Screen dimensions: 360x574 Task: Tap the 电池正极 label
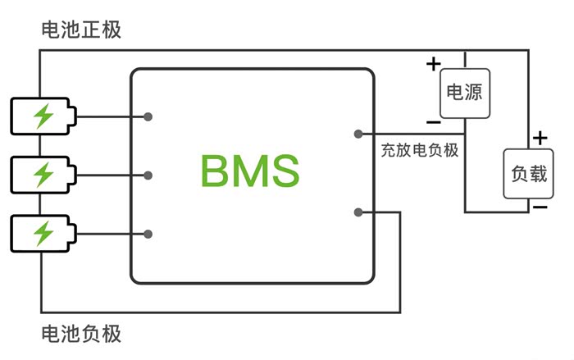pyautogui.click(x=81, y=30)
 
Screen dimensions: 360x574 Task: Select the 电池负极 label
pyautogui.click(x=81, y=334)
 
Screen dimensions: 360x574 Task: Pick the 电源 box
pyautogui.click(x=463, y=92)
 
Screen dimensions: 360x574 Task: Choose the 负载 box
pyautogui.click(x=527, y=174)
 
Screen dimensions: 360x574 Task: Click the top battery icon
pyautogui.click(x=42, y=116)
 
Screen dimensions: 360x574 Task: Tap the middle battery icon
pyautogui.click(x=42, y=175)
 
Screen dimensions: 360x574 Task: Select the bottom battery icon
pyautogui.click(x=42, y=234)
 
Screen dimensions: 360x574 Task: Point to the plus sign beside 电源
pyautogui.click(x=433, y=63)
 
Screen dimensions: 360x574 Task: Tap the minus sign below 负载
pyautogui.click(x=539, y=207)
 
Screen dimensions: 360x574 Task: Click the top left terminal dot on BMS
pyautogui.click(x=148, y=116)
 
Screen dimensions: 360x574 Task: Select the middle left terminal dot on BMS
pyautogui.click(x=148, y=175)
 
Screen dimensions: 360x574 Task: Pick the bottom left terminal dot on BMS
pyautogui.click(x=148, y=234)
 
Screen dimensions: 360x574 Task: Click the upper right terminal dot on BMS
pyautogui.click(x=358, y=134)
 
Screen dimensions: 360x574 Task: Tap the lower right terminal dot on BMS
pyautogui.click(x=358, y=212)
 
